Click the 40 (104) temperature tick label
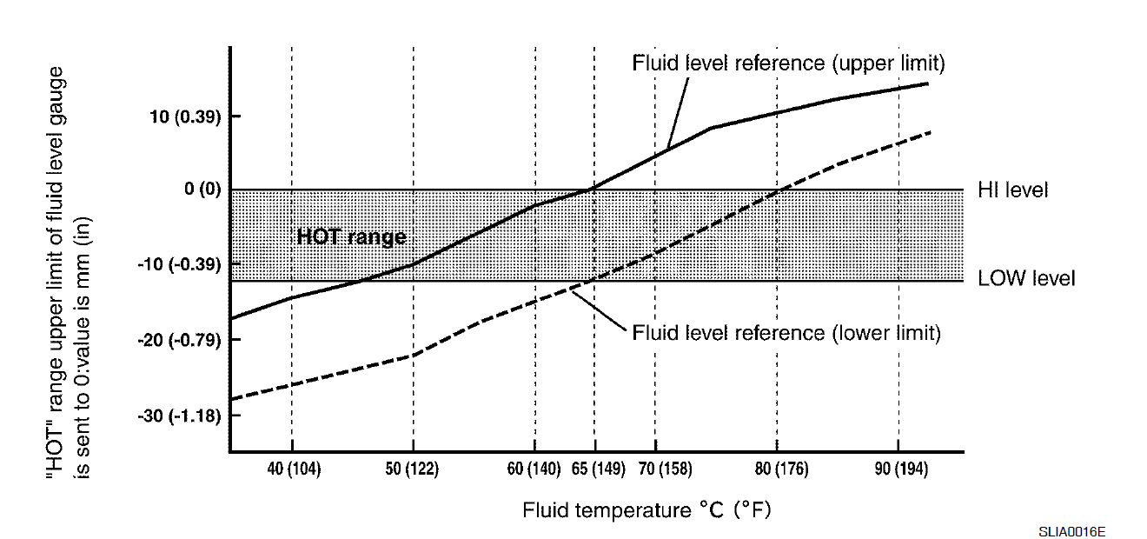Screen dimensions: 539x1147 [x=294, y=469]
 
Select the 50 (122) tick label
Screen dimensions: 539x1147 [x=412, y=469]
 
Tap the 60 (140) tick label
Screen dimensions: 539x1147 [x=534, y=469]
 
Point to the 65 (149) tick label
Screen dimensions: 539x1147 [x=598, y=469]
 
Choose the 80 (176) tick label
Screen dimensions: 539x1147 [x=781, y=469]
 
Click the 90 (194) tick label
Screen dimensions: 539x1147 [x=901, y=469]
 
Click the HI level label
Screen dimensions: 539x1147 [x=1013, y=190]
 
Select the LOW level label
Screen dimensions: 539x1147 [x=1026, y=279]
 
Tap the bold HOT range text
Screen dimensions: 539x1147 [x=351, y=236]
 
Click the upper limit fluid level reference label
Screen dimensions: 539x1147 [x=788, y=63]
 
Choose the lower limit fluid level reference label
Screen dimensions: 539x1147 [x=786, y=333]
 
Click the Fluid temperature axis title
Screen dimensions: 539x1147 [x=646, y=510]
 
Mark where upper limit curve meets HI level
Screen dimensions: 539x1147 [x=592, y=189]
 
